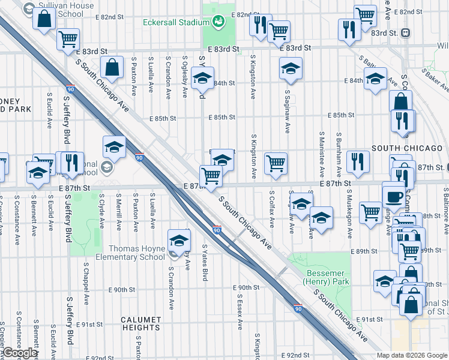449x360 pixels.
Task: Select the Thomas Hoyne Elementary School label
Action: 136,253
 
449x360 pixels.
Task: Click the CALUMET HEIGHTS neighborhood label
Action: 140,323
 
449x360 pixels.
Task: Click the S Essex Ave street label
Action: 239,311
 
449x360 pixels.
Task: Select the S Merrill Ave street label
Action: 119,212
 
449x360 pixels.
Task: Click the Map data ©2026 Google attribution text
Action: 412,355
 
